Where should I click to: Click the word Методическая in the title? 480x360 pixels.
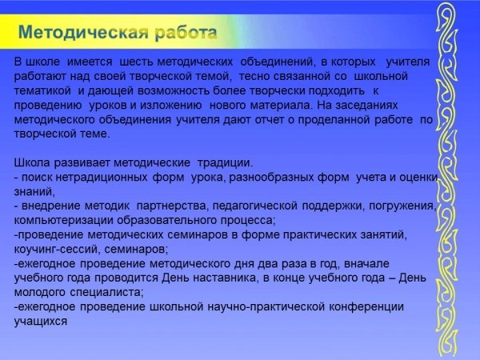click(83, 33)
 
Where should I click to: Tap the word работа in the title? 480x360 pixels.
click(186, 33)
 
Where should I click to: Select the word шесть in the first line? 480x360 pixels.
click(137, 62)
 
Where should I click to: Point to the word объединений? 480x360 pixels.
click(278, 62)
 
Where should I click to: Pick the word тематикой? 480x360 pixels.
click(42, 91)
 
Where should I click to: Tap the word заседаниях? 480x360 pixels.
click(366, 106)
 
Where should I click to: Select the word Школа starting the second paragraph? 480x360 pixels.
click(32, 162)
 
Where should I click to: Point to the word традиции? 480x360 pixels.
click(226, 163)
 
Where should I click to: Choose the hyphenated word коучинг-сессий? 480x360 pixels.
click(57, 250)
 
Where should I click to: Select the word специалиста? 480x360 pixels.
click(107, 292)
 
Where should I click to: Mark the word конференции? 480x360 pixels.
click(366, 307)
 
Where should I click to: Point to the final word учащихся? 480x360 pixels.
click(41, 322)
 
